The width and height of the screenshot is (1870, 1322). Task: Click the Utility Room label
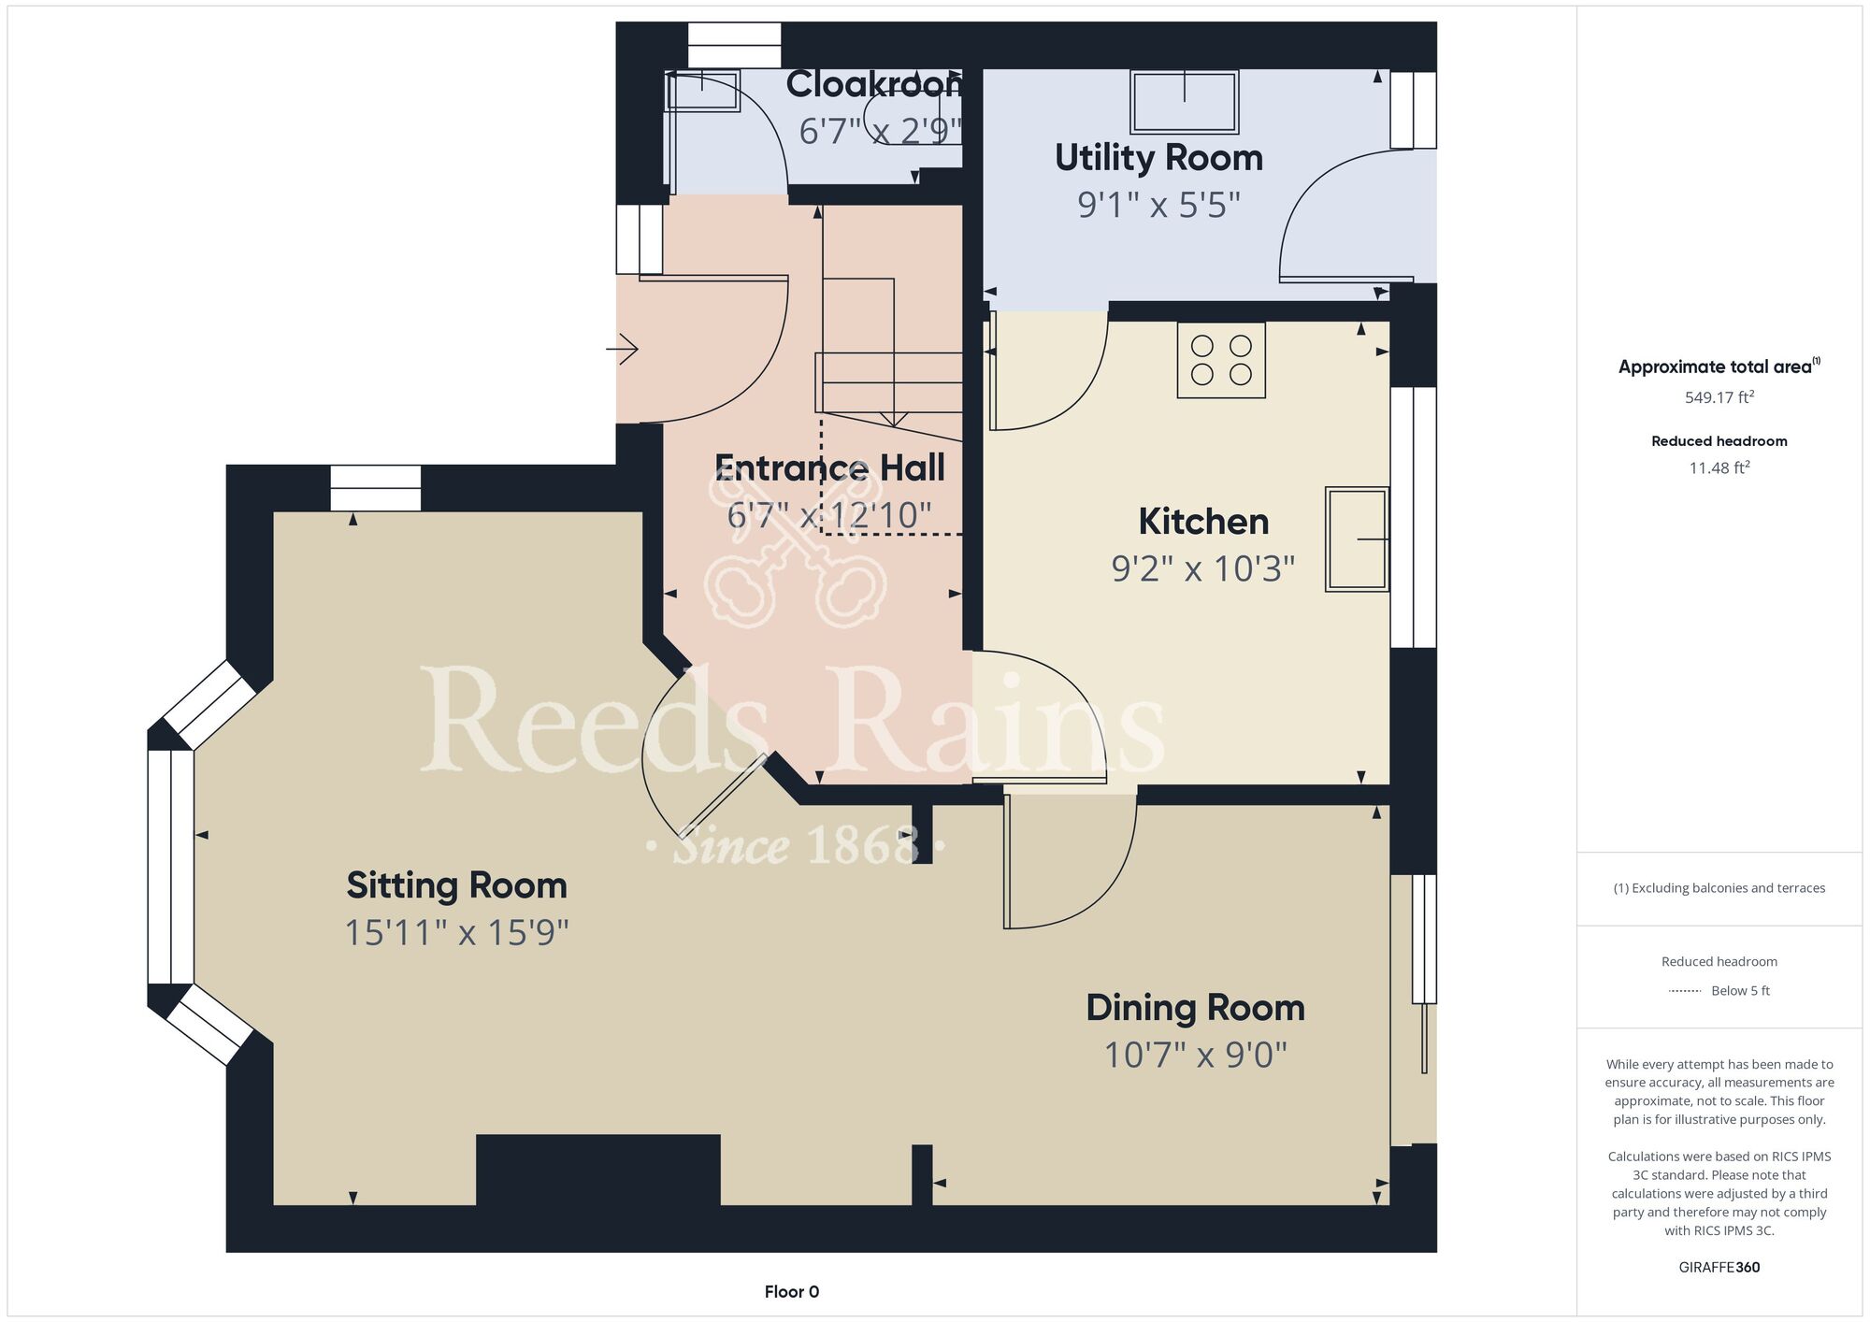pyautogui.click(x=1158, y=158)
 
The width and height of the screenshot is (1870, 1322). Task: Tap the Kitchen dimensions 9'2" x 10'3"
pyautogui.click(x=1203, y=568)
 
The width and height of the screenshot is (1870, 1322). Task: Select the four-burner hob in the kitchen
pyautogui.click(x=1221, y=360)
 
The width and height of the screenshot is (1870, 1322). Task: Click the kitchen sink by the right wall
pyautogui.click(x=1357, y=539)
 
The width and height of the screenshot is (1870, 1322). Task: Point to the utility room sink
pyautogui.click(x=1185, y=102)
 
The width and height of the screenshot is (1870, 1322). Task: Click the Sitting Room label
pyautogui.click(x=456, y=885)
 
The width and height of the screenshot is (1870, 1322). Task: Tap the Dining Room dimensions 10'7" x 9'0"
pyautogui.click(x=1196, y=1055)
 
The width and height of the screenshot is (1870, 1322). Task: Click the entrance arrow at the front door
pyautogui.click(x=622, y=350)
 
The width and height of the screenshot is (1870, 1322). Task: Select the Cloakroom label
pyautogui.click(x=874, y=84)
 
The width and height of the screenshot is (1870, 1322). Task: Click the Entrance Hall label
pyautogui.click(x=829, y=467)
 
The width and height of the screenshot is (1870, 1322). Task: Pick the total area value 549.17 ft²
pyautogui.click(x=1719, y=397)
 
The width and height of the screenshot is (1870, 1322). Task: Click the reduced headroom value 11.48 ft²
pyautogui.click(x=1719, y=467)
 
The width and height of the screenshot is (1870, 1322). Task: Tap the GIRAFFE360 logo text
pyautogui.click(x=1719, y=1268)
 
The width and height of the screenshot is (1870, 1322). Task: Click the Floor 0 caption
pyautogui.click(x=792, y=1292)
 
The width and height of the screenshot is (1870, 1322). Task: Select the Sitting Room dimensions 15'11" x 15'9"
pyautogui.click(x=457, y=932)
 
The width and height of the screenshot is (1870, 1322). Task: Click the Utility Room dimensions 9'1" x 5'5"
pyautogui.click(x=1158, y=205)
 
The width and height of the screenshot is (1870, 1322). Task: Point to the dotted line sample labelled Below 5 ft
pyautogui.click(x=1685, y=991)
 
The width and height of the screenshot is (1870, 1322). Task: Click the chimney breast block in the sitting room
pyautogui.click(x=598, y=1170)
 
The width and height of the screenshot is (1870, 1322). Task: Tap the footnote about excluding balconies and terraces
pyautogui.click(x=1719, y=888)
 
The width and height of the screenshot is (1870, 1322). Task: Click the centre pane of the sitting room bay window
pyautogui.click(x=170, y=867)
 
